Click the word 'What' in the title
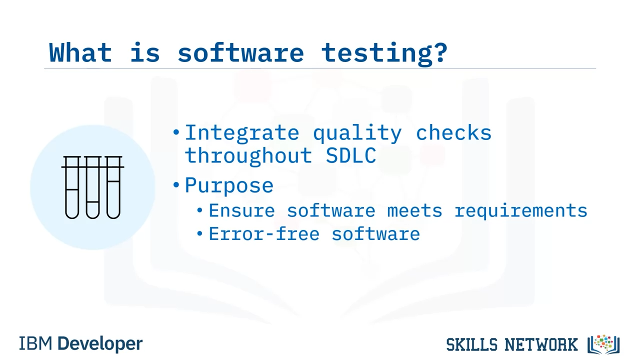click(80, 52)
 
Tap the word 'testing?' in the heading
click(384, 54)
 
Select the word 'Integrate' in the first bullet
click(242, 133)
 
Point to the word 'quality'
click(357, 133)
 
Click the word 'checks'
click(453, 132)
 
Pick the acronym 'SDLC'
click(351, 155)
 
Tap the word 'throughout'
click(248, 156)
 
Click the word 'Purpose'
click(229, 185)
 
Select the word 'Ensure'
click(241, 210)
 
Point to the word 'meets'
click(414, 210)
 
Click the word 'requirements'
click(521, 211)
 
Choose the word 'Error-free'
click(264, 234)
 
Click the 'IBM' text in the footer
click(35, 343)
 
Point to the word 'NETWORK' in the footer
click(541, 344)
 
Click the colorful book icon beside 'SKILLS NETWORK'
click(603, 344)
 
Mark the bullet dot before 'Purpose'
click(176, 185)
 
